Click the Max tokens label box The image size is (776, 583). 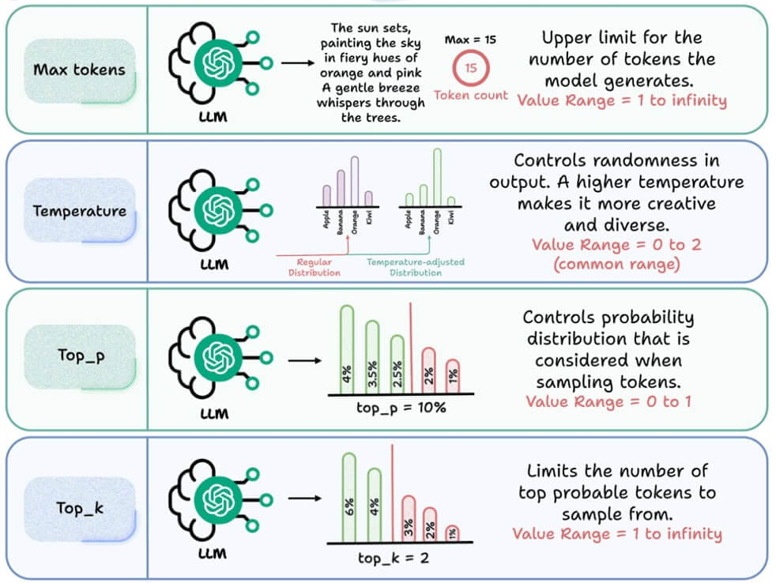click(79, 70)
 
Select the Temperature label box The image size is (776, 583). click(79, 211)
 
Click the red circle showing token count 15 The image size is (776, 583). click(471, 68)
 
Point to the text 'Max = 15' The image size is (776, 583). click(471, 39)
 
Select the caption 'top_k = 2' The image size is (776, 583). click(394, 559)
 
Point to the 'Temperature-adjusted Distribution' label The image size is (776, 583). click(416, 267)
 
